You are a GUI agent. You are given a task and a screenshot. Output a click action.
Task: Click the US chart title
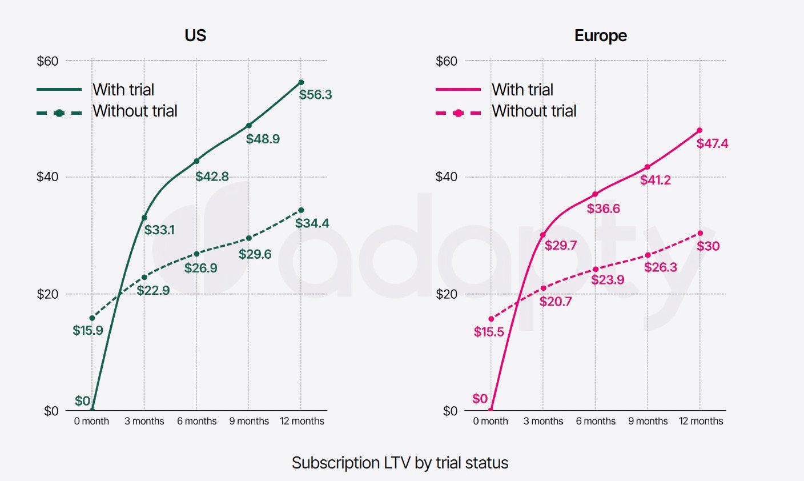pyautogui.click(x=195, y=35)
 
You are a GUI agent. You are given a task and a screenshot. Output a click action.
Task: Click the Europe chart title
pyautogui.click(x=600, y=35)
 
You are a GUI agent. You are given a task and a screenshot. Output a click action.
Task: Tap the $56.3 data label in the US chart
pyautogui.click(x=315, y=95)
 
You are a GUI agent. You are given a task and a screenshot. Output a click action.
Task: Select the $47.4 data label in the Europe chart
pyautogui.click(x=712, y=143)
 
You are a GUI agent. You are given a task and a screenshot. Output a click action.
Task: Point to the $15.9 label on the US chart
pyautogui.click(x=88, y=330)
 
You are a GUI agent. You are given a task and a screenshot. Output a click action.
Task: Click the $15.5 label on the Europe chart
pyautogui.click(x=489, y=332)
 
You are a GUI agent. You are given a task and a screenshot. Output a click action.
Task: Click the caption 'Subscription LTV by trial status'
pyautogui.click(x=400, y=463)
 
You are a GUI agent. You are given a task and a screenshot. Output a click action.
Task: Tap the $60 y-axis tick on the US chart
pyautogui.click(x=47, y=61)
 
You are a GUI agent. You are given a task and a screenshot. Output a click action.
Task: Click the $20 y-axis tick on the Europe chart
pyautogui.click(x=447, y=294)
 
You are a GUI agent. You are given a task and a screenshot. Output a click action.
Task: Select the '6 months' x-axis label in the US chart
pyautogui.click(x=196, y=421)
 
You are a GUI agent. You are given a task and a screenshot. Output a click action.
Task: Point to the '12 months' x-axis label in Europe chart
pyautogui.click(x=701, y=421)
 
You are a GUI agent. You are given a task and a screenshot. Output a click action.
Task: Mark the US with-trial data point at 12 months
pyautogui.click(x=301, y=82)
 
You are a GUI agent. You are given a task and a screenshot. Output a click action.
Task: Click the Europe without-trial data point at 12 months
pyautogui.click(x=700, y=233)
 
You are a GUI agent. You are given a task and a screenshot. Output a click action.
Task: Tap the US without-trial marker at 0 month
pyautogui.click(x=92, y=318)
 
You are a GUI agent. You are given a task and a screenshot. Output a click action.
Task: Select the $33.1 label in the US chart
pyautogui.click(x=159, y=230)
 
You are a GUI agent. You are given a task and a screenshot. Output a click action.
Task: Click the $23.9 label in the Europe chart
pyautogui.click(x=608, y=280)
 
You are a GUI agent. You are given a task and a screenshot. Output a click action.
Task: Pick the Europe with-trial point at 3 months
pyautogui.click(x=542, y=235)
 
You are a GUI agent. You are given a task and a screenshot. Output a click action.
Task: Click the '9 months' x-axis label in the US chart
pyautogui.click(x=249, y=421)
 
